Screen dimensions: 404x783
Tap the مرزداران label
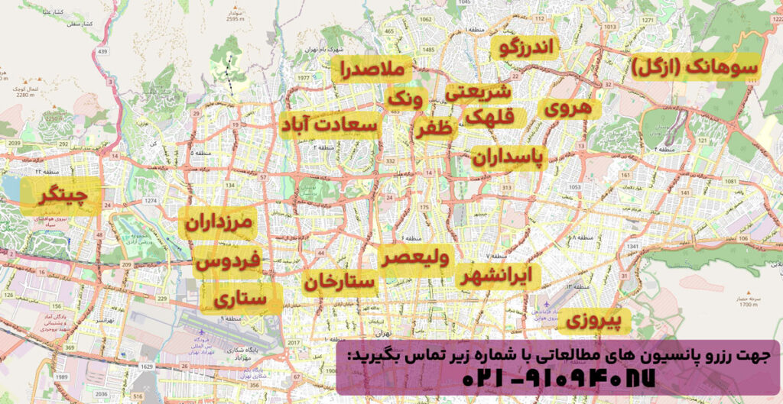coord(225,225)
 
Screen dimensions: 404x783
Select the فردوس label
coord(229,262)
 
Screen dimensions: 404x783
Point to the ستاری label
coord(241,299)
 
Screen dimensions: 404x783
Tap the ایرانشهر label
coord(501,276)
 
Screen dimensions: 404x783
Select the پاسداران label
coord(506,157)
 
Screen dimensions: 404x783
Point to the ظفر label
coord(436,128)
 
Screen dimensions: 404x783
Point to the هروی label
coord(568,108)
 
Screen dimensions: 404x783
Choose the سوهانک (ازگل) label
coord(696,67)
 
